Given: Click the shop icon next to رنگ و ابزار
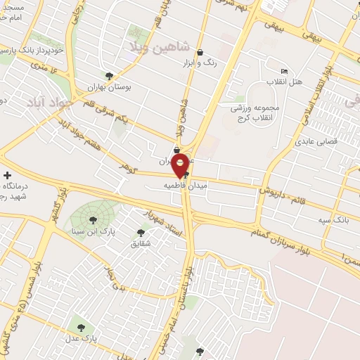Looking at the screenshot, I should coord(201,52).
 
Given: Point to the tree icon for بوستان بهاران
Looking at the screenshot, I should coord(108,76).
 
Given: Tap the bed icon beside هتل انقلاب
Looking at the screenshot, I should coord(284,71).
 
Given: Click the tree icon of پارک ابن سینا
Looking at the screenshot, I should coord(93,220).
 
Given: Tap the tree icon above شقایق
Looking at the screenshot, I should coord(141,232).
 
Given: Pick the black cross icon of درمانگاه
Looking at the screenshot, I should coord(7,175).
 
